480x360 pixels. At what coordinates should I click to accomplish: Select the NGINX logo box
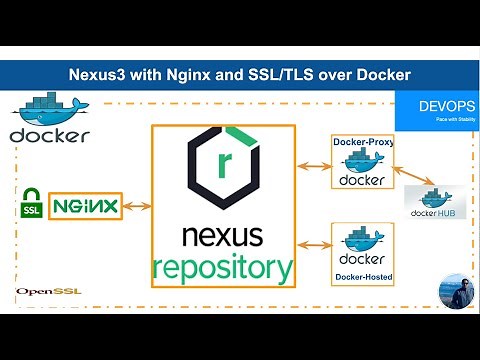(85, 206)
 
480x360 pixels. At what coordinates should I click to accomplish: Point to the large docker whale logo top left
(50, 119)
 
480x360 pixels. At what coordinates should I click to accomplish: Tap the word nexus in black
(222, 237)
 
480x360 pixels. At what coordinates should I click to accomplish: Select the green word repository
(222, 267)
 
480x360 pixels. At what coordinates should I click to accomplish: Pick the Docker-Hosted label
(362, 275)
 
